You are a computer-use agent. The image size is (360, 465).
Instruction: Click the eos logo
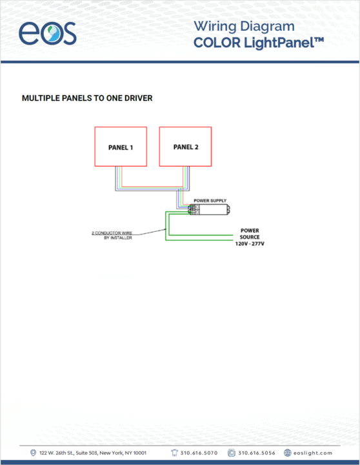(47, 33)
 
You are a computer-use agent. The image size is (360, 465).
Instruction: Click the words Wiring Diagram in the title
(244, 26)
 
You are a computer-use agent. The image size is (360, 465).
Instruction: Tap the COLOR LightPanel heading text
(259, 43)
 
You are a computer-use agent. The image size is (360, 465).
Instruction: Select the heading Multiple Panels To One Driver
(87, 98)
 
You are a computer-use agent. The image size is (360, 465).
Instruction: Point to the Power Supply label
(210, 200)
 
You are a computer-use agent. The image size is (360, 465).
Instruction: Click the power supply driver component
(209, 209)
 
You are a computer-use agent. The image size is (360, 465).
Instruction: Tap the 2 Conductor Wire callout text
(112, 232)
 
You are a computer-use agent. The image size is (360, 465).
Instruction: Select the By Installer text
(118, 238)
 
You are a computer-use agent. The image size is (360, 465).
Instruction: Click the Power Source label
(250, 234)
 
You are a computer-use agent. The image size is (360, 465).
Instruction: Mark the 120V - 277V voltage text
(250, 243)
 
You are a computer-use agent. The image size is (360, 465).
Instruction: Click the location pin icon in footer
(33, 453)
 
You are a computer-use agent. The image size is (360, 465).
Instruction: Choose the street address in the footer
(93, 453)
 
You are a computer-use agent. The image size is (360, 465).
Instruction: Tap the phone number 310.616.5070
(199, 453)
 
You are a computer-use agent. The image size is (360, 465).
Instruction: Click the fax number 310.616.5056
(257, 453)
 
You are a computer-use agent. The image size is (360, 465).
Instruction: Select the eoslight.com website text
(313, 453)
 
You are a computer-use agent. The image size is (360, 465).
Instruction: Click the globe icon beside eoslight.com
(287, 453)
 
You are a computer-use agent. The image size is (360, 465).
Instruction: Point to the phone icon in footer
(174, 453)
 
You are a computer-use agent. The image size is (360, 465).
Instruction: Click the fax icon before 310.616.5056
(232, 453)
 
